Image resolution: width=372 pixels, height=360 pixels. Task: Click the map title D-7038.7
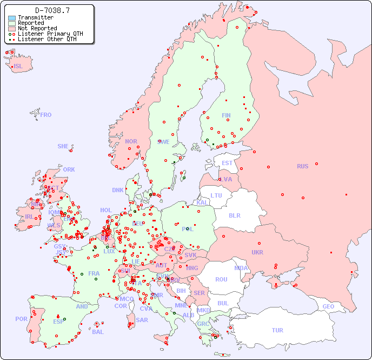pos(52,10)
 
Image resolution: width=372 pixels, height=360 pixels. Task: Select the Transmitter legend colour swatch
pos(12,18)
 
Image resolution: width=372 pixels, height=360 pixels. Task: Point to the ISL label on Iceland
pos(18,67)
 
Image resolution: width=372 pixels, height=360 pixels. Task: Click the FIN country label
pos(226,115)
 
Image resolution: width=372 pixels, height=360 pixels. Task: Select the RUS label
pos(302,166)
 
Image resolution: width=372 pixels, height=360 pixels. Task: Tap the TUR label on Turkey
pos(277,330)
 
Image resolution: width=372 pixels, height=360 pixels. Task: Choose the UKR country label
pos(257,252)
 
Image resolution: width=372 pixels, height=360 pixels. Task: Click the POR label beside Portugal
pos(21,319)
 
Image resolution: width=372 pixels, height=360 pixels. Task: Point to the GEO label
pos(328,306)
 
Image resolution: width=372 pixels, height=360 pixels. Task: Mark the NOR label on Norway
pos(131,141)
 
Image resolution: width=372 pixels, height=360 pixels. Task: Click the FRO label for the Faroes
pos(46,115)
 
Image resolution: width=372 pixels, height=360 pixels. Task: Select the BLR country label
pos(234,215)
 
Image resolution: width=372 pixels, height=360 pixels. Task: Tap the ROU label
pos(221,279)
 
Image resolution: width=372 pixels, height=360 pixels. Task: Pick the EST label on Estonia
pos(227,163)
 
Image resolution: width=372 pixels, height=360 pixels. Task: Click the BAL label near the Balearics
pos(97,332)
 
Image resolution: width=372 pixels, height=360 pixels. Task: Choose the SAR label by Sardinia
pos(142,320)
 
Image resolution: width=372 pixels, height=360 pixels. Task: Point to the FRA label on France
pos(94,273)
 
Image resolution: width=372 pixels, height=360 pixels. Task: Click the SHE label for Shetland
pos(63,146)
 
